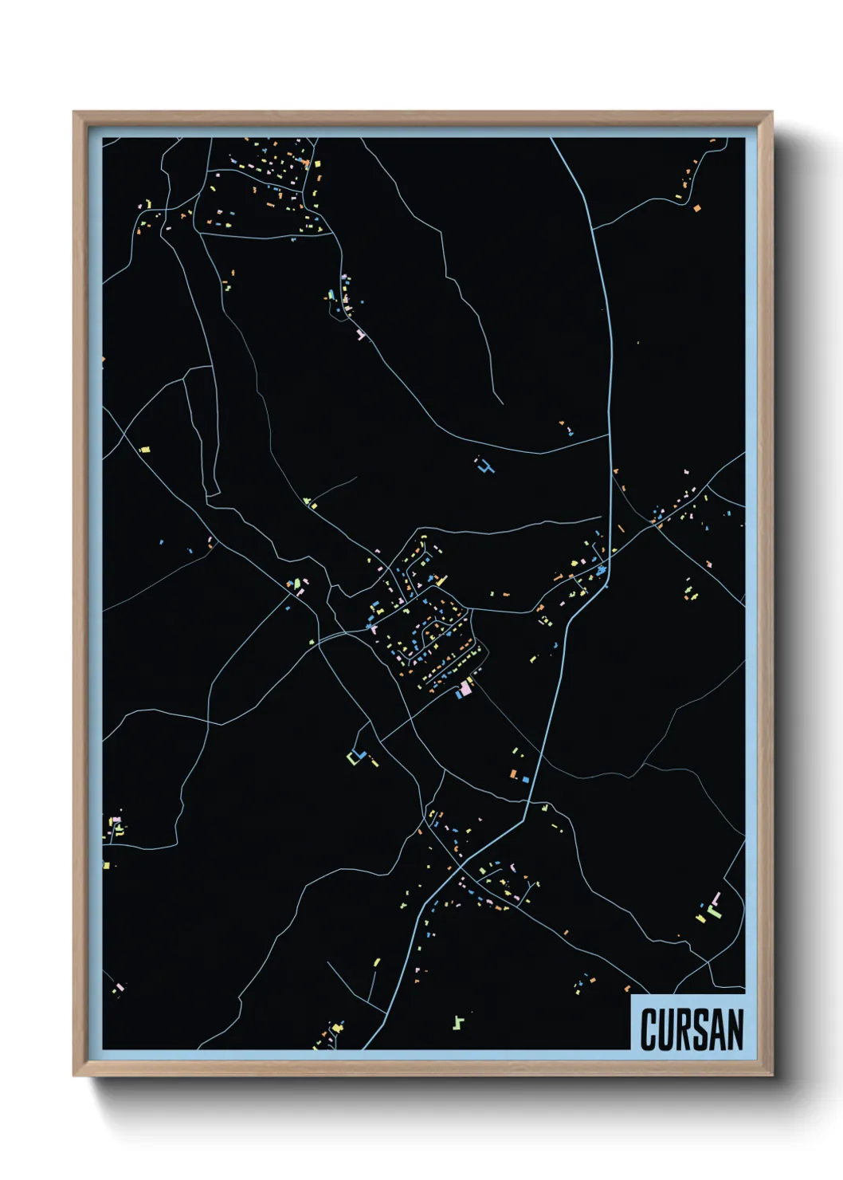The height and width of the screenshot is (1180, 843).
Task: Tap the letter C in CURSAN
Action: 649,1029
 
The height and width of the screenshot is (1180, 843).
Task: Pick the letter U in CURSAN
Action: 665,1029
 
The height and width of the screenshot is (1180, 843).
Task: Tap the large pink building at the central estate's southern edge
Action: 465,686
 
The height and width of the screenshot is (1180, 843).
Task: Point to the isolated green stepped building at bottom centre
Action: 458,1021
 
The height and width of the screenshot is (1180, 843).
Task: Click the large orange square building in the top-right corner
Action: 697,208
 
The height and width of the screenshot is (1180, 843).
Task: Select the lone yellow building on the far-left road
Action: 144,450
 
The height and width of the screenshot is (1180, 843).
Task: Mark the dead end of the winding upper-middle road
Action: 502,403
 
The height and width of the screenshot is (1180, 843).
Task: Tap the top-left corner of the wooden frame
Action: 74,112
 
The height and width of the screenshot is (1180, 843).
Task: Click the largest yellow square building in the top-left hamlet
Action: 316,163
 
